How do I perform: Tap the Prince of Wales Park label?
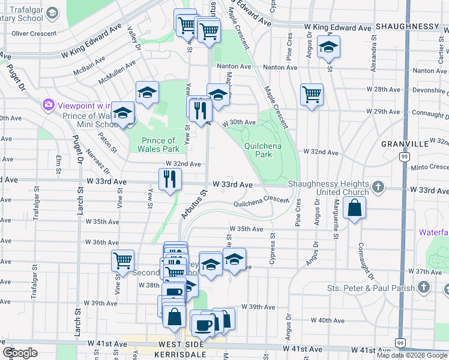(158, 145)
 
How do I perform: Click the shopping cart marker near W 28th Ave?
(312, 94)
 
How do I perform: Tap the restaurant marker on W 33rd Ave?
(170, 178)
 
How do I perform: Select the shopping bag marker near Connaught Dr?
(355, 208)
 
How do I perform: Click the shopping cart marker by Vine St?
(122, 260)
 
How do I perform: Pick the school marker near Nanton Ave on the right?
(328, 47)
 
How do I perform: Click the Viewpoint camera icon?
(47, 105)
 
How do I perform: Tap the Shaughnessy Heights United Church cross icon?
(378, 187)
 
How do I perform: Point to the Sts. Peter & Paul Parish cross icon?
(424, 287)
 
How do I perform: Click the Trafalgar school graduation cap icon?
(52, 13)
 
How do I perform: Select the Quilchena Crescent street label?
(262, 202)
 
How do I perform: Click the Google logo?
(20, 353)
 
